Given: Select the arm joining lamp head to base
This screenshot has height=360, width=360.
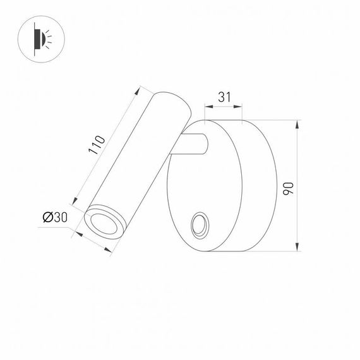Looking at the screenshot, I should tap(193, 145).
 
